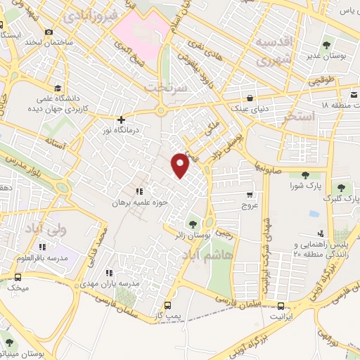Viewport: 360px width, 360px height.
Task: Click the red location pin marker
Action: (181, 164)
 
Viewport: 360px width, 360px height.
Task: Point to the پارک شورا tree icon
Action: (305, 176)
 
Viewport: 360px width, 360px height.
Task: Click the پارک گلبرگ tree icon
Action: (342, 188)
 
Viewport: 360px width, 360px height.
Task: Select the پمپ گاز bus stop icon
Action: (167, 305)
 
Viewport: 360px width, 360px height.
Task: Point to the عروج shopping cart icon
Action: (250, 194)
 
